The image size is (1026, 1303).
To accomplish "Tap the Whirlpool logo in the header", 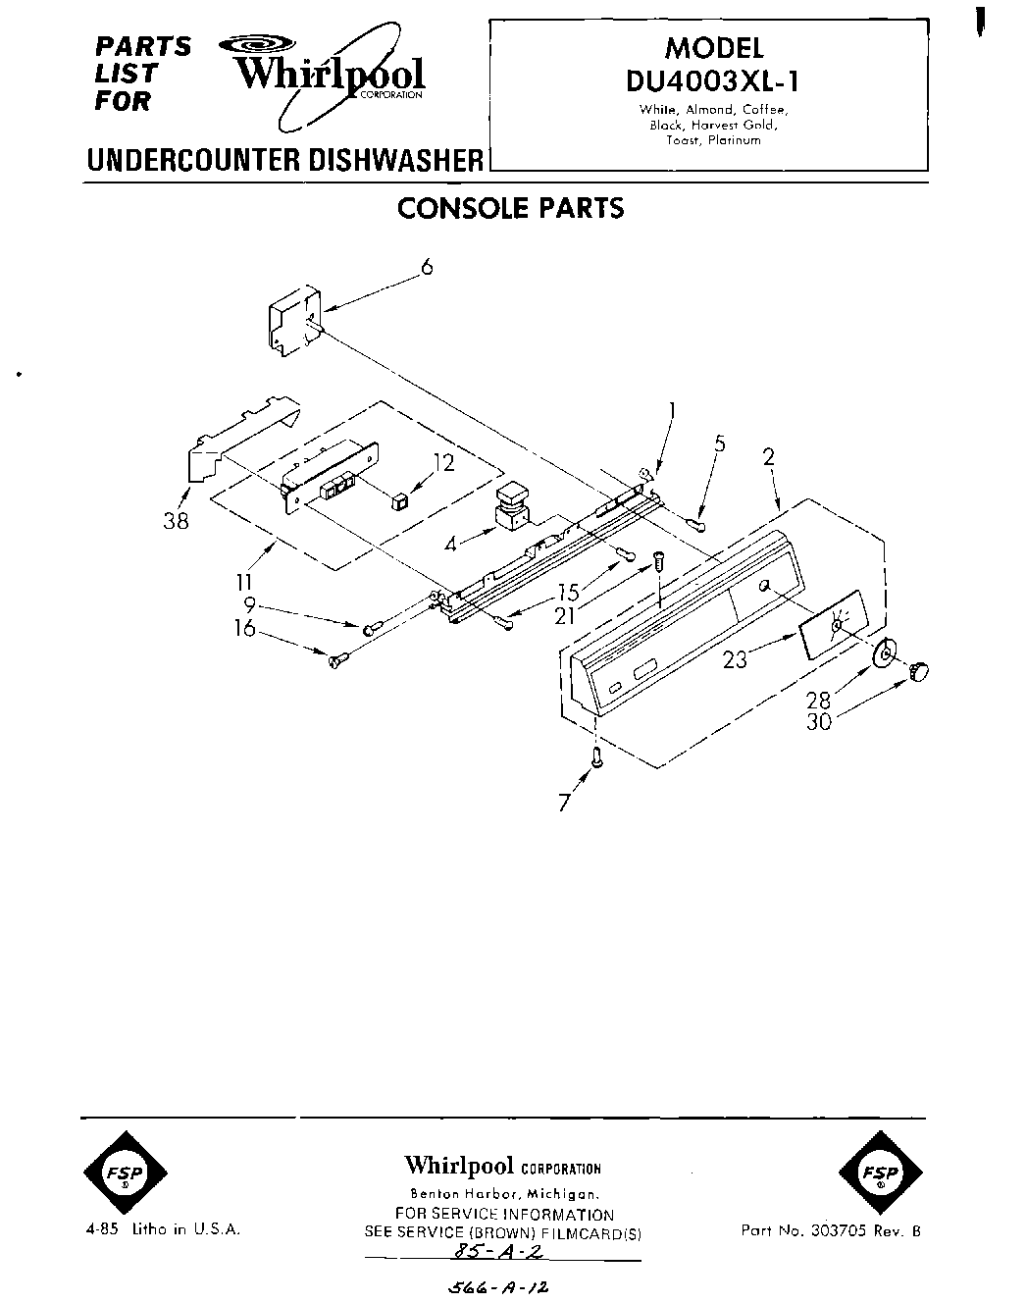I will pos(329,75).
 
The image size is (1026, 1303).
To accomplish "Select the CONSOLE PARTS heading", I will pos(510,209).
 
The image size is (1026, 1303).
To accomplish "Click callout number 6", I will pos(426,266).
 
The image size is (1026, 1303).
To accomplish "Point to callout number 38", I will pos(176,522).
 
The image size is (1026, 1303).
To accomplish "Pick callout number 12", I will pos(444,462).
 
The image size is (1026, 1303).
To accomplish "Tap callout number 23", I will pos(735,659).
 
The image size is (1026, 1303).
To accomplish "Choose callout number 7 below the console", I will pos(563,803).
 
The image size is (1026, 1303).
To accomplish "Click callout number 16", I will pos(244,628).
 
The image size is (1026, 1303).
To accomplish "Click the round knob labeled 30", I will pos(919,670).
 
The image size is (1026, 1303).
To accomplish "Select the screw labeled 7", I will pos(595,756).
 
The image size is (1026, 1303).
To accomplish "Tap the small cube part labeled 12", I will pos(399,501).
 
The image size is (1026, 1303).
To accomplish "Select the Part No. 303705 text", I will pos(830,1230).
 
